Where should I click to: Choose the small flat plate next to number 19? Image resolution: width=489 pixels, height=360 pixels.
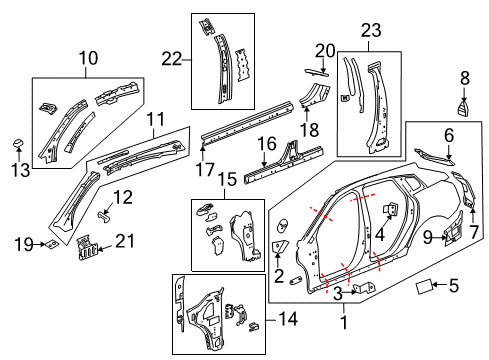49,243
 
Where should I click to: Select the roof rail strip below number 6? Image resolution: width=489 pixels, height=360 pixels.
434,155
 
